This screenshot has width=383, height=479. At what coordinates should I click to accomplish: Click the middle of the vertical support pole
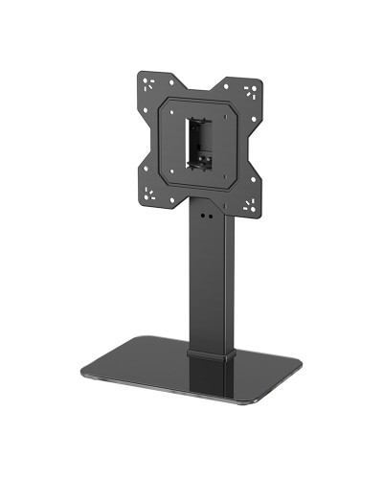(x=210, y=278)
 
